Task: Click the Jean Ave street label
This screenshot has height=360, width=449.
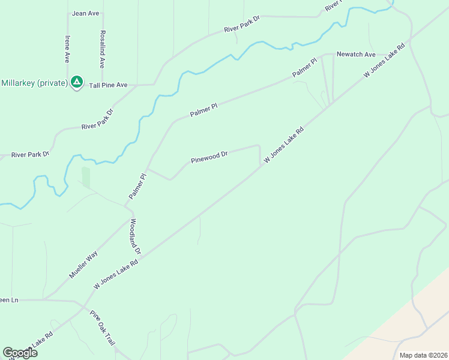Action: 85,13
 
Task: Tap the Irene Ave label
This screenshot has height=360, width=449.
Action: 67,49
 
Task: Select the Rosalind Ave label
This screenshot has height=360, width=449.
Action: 103,49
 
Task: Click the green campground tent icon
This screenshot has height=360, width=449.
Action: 76,82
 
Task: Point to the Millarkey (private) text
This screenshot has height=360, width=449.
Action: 34,83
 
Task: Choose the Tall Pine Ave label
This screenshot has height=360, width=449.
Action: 108,85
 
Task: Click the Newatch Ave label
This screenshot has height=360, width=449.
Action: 356,54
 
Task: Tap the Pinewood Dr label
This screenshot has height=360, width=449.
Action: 209,158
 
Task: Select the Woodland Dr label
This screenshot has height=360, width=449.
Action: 135,236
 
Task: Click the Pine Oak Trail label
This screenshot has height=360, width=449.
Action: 103,327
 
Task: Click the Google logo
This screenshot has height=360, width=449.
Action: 20,353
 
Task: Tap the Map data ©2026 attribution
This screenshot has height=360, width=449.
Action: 423,355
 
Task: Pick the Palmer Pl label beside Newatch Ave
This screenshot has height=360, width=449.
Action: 304,67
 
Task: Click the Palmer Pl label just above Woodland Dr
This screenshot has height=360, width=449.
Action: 137,187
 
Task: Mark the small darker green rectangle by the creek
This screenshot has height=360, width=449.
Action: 86,177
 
